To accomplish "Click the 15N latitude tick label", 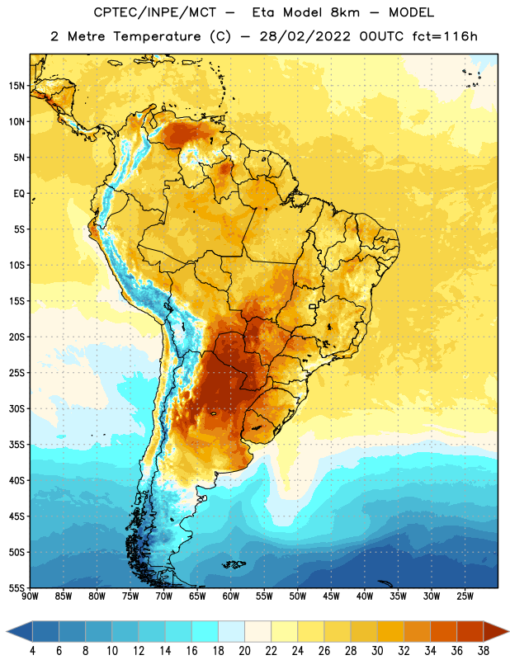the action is (x=17, y=86).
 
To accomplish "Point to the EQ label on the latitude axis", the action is (x=19, y=194).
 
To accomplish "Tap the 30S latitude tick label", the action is (x=17, y=408).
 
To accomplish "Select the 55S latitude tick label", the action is (x=17, y=588).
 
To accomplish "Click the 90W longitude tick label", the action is (x=30, y=596).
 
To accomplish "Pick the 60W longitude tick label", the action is (x=231, y=596).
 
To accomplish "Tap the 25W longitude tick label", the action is (x=465, y=596).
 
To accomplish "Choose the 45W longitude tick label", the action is (x=331, y=596).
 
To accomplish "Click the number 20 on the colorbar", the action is (x=244, y=651).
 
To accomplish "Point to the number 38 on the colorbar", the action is (x=484, y=651).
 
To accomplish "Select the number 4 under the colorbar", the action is (x=32, y=651).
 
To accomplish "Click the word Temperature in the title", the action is (x=157, y=36).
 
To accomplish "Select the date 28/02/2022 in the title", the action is (x=305, y=36).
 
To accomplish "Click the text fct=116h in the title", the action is (x=445, y=36).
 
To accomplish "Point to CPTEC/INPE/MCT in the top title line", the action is (x=155, y=12).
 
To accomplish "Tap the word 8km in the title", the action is (x=345, y=12).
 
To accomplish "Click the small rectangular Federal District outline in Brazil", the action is (x=313, y=307).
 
